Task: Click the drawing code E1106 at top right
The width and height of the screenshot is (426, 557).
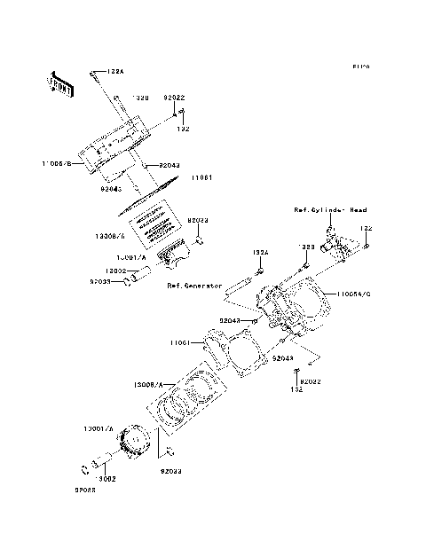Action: coord(359,67)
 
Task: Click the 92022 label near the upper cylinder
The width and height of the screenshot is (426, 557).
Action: coord(173,98)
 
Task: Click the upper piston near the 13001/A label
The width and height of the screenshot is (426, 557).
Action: coord(173,258)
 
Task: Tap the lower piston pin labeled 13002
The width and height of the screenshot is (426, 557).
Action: coord(93,467)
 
